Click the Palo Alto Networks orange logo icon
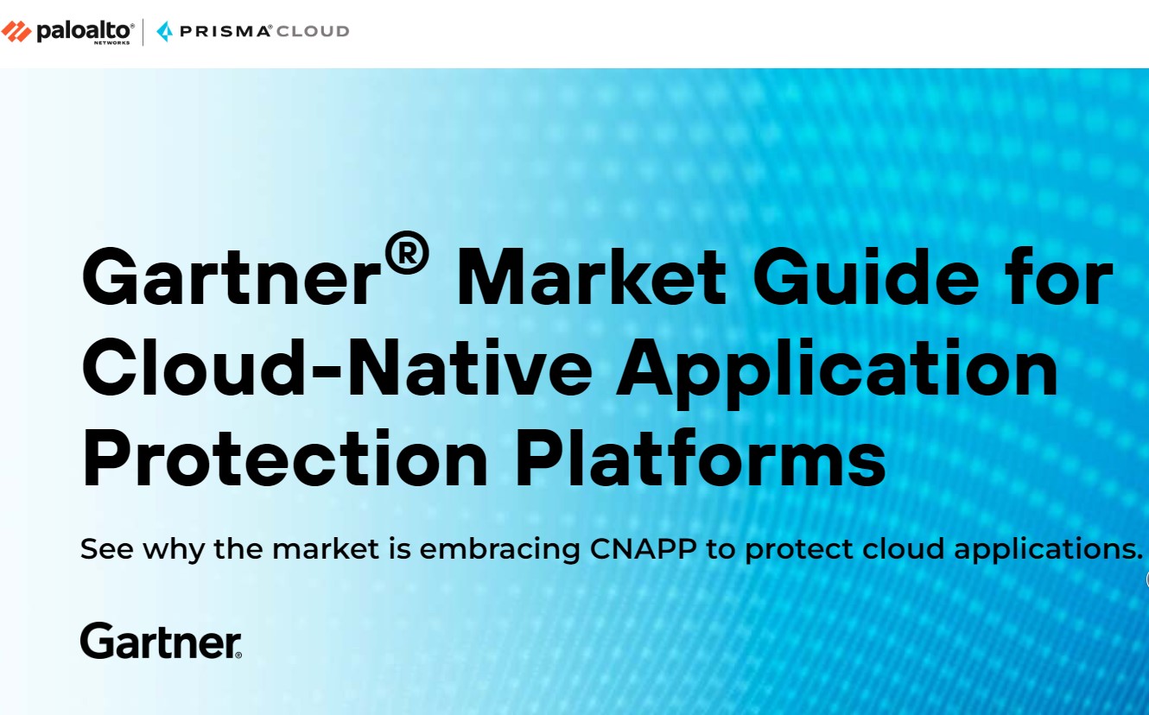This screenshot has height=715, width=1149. [16, 32]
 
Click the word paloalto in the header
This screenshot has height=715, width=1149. [85, 30]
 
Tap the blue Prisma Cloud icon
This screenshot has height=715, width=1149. [164, 32]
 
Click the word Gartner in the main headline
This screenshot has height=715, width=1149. [230, 278]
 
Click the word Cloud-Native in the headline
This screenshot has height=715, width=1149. [338, 368]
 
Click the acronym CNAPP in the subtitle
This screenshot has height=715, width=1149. [644, 549]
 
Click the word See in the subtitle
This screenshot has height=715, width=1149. [107, 549]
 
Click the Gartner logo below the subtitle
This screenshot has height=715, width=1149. [161, 641]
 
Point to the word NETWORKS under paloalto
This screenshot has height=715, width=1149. [113, 42]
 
